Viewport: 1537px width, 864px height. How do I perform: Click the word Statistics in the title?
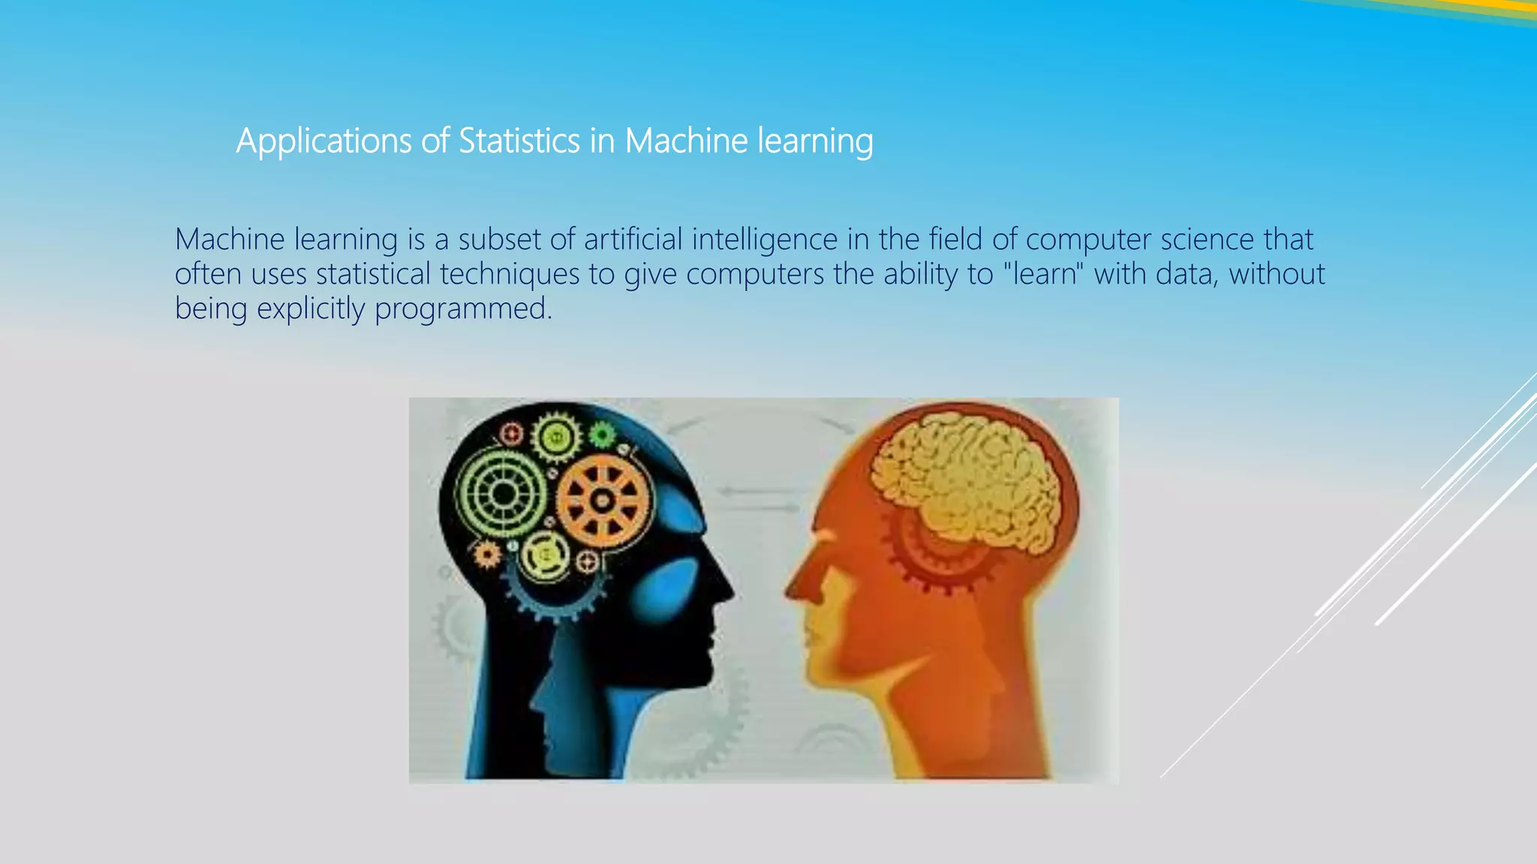pos(519,141)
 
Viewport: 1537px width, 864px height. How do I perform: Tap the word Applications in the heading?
pos(323,141)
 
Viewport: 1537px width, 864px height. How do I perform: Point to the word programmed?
pos(462,309)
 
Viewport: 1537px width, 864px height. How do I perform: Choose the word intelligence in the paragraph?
pos(765,240)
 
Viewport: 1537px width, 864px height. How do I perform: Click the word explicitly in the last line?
pos(311,309)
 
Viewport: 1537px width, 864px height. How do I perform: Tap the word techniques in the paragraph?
pos(510,274)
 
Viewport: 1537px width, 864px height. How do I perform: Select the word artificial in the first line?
pos(633,240)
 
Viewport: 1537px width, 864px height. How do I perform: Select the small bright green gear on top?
pos(601,434)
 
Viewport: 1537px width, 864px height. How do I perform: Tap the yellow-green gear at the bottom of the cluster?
pos(546,556)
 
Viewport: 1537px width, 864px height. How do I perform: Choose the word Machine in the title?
pos(686,141)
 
